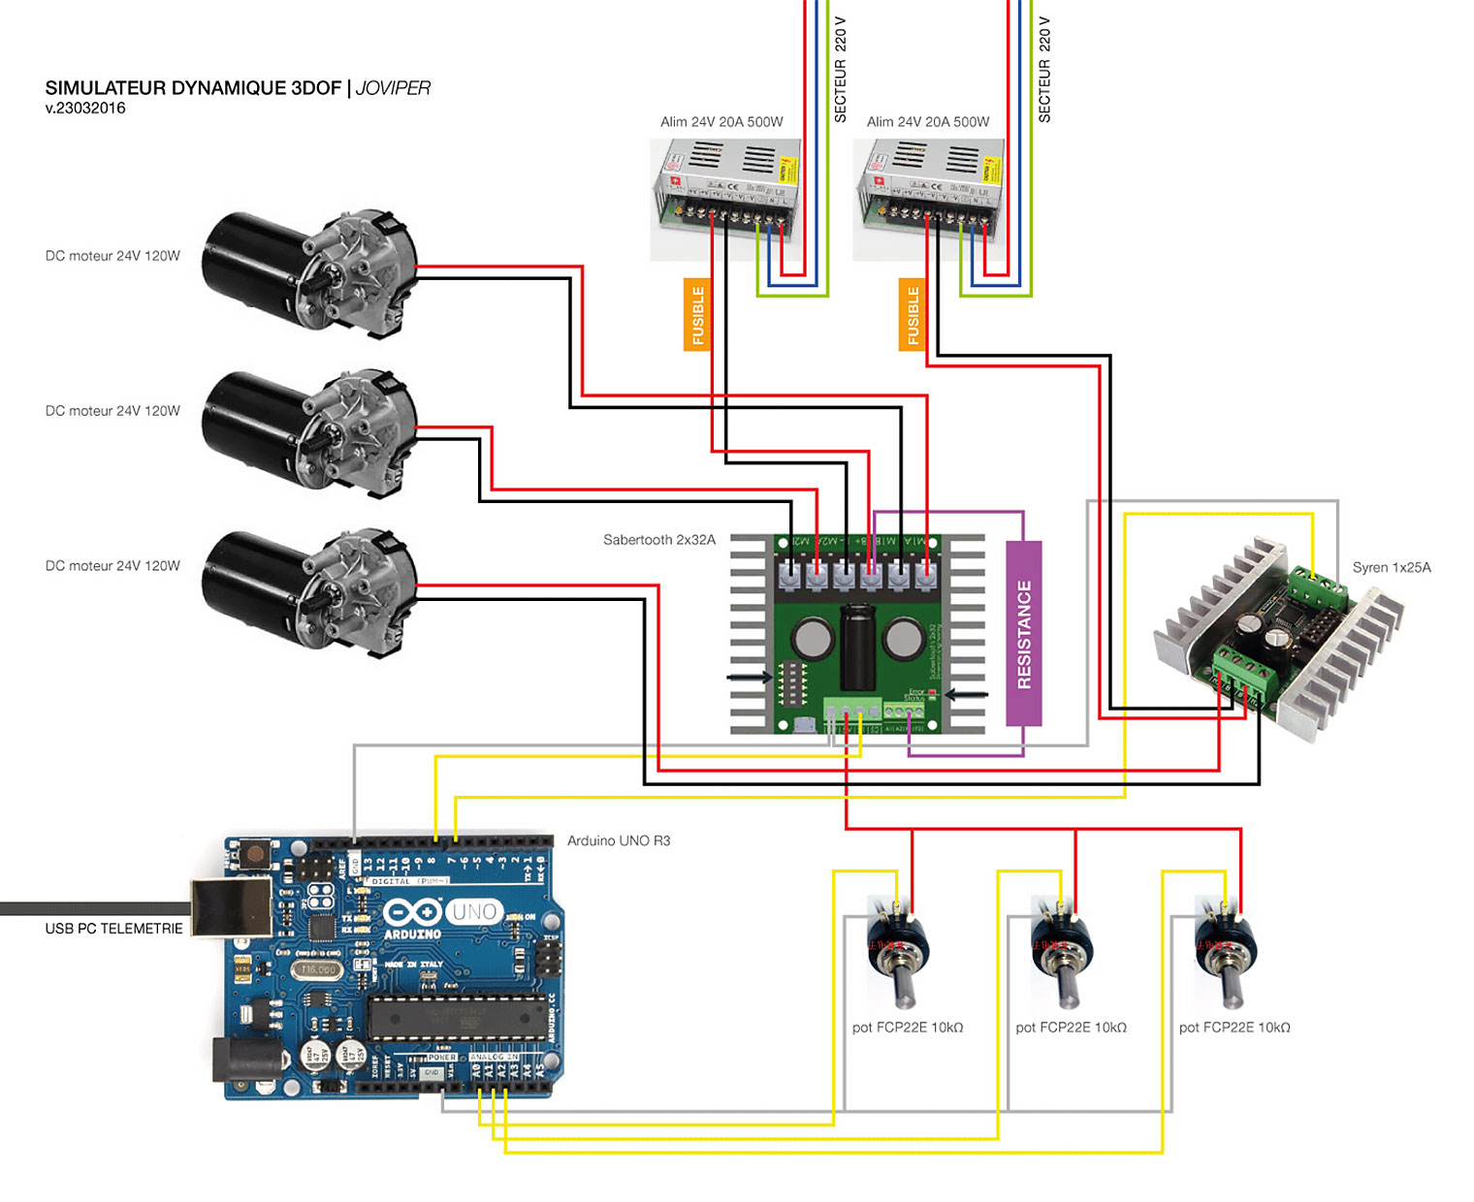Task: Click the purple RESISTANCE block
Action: (x=1024, y=634)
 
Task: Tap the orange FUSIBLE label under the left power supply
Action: (x=697, y=315)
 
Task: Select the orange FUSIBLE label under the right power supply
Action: (x=912, y=315)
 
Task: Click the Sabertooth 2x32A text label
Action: (x=659, y=540)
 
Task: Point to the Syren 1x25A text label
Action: (x=1392, y=568)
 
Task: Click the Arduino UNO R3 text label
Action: (x=619, y=840)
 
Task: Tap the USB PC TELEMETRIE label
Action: (x=113, y=929)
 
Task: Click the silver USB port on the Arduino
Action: (x=231, y=906)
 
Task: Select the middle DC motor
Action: (x=308, y=427)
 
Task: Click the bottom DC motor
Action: (x=308, y=585)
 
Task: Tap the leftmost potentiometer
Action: (x=898, y=955)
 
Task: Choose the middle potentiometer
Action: (x=1062, y=955)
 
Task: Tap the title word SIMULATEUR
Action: (x=105, y=88)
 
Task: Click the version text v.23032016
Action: (x=85, y=109)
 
